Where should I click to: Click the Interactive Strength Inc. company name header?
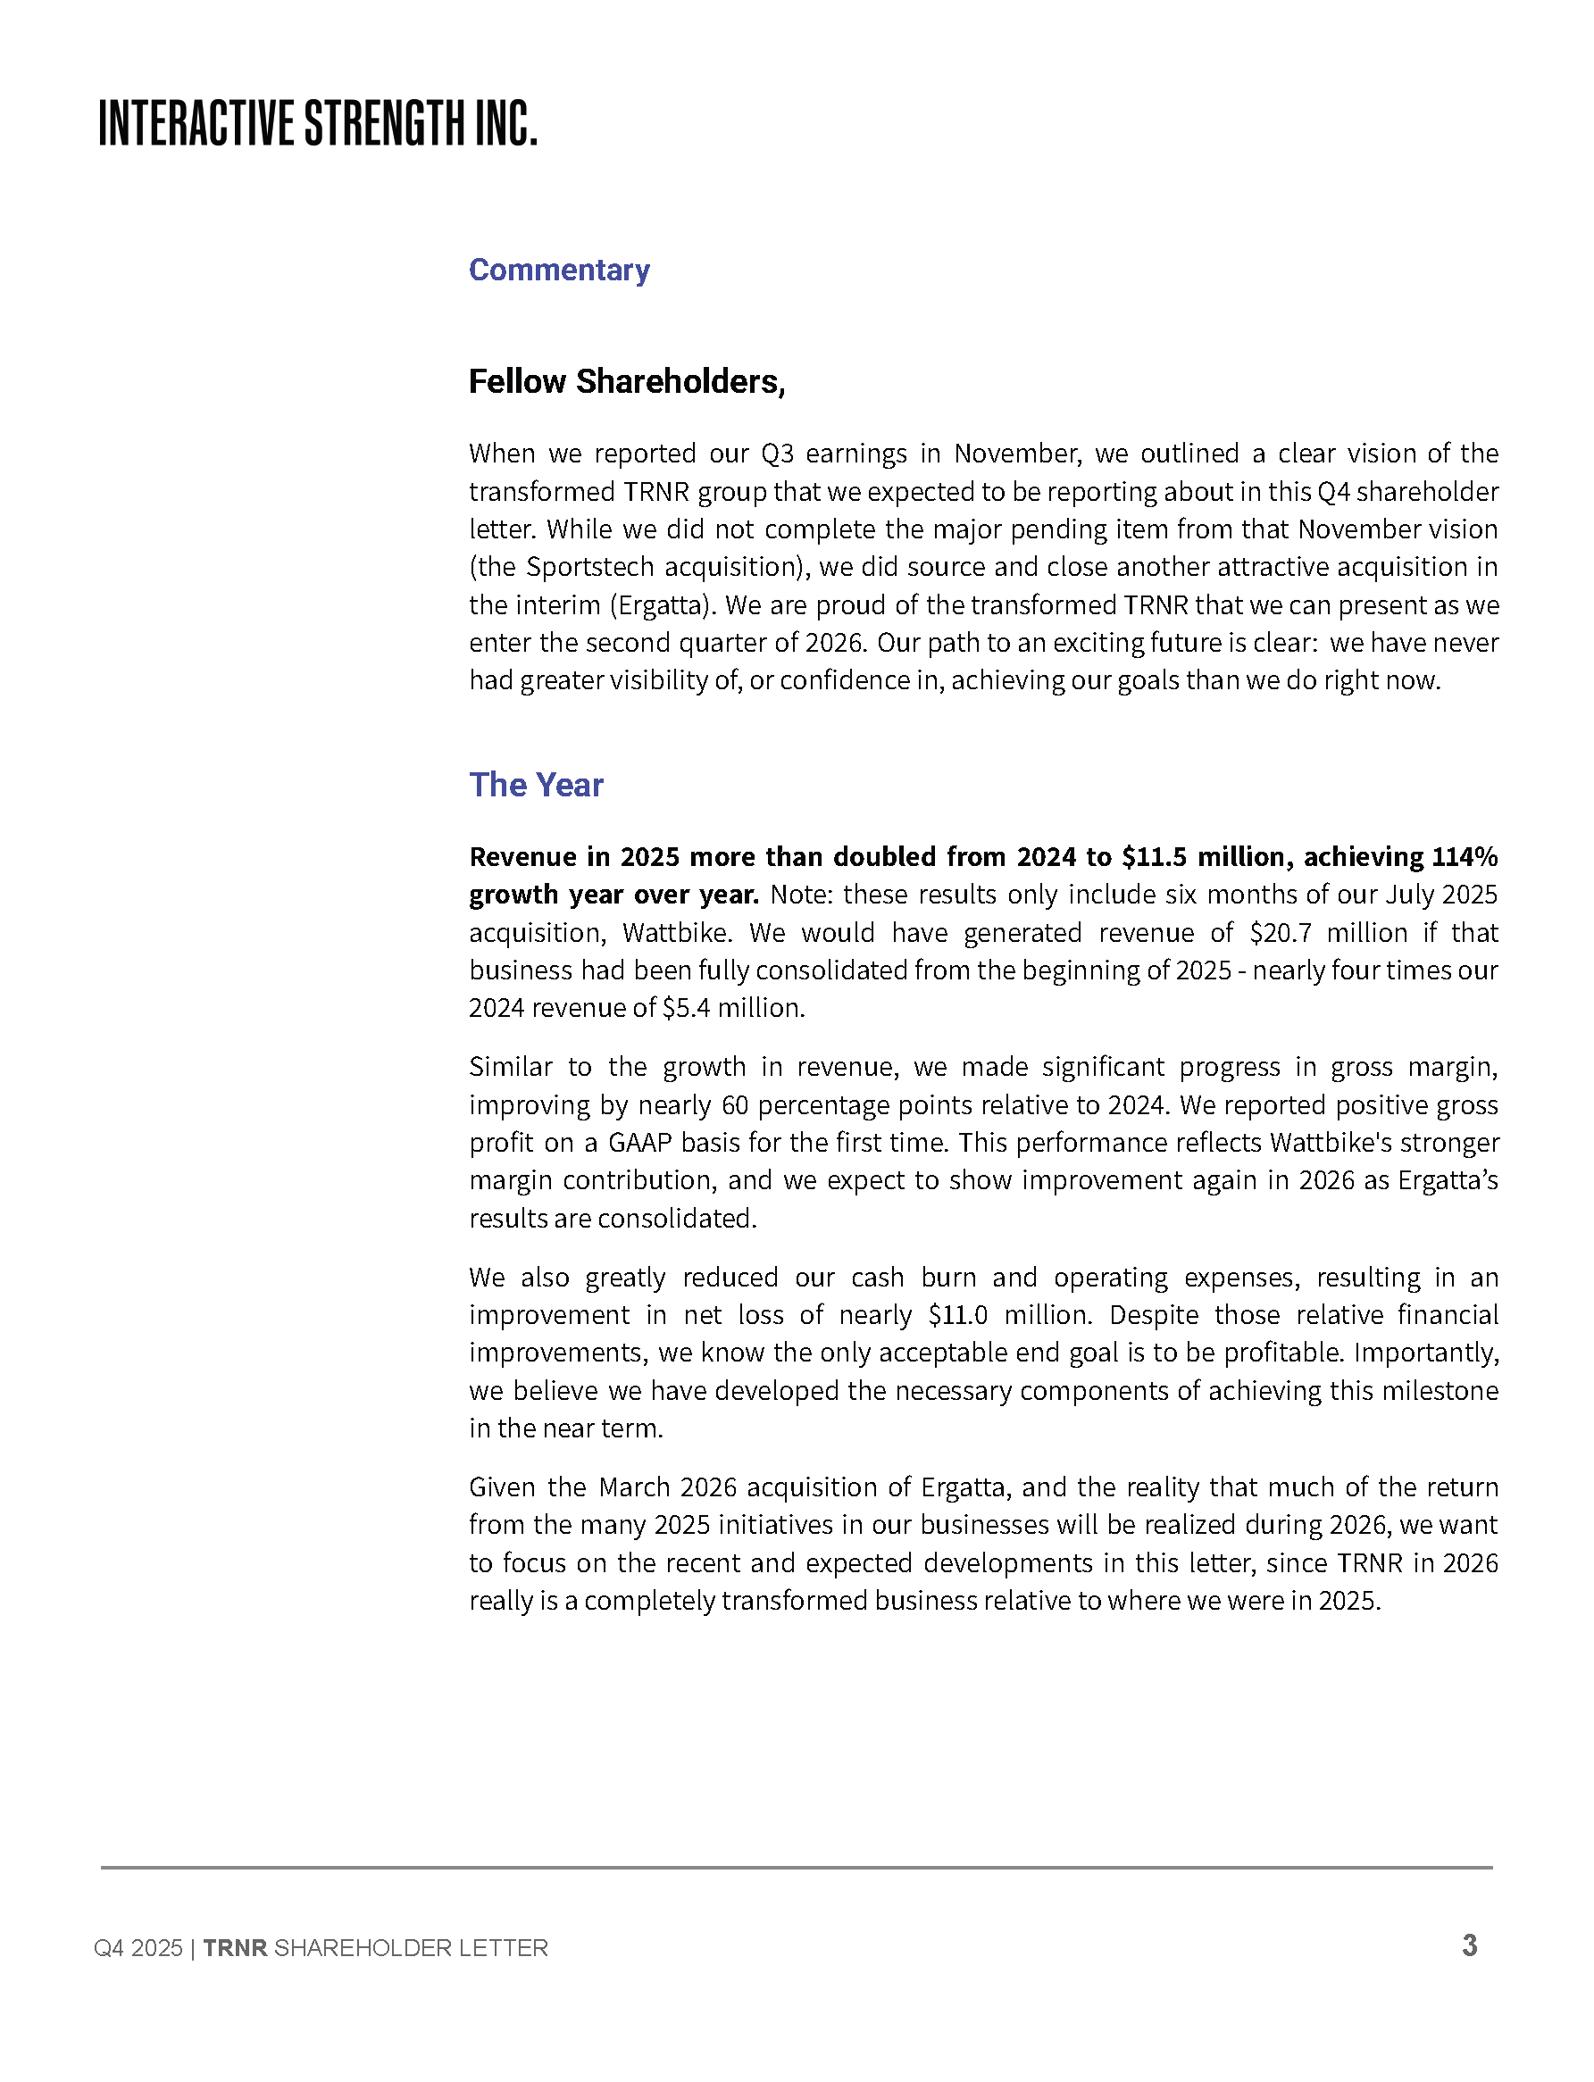318,123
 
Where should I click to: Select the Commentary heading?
559,271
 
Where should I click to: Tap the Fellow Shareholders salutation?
626,381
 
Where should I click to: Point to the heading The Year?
536,786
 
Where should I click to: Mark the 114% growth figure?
1464,857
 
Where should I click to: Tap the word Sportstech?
589,567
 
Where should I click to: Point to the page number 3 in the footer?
1469,1946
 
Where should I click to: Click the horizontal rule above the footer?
796,1868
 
